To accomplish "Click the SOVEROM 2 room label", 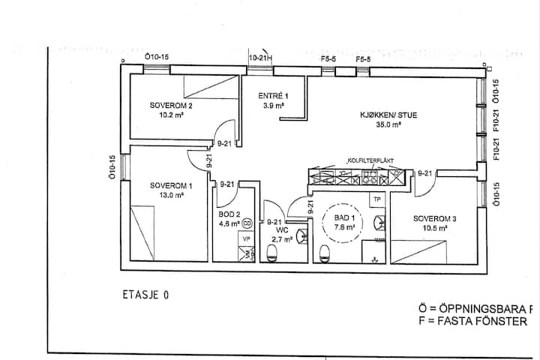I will coord(171,106).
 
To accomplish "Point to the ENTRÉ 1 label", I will coord(272,96).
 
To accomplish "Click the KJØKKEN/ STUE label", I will coord(388,115).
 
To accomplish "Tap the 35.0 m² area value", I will coord(388,125).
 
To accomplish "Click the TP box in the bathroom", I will coord(378,199).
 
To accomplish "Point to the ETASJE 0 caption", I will coord(144,294).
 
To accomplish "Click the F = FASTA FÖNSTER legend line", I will coord(473,321).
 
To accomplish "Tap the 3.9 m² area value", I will coord(273,106).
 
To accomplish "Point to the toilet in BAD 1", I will coord(325,252).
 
